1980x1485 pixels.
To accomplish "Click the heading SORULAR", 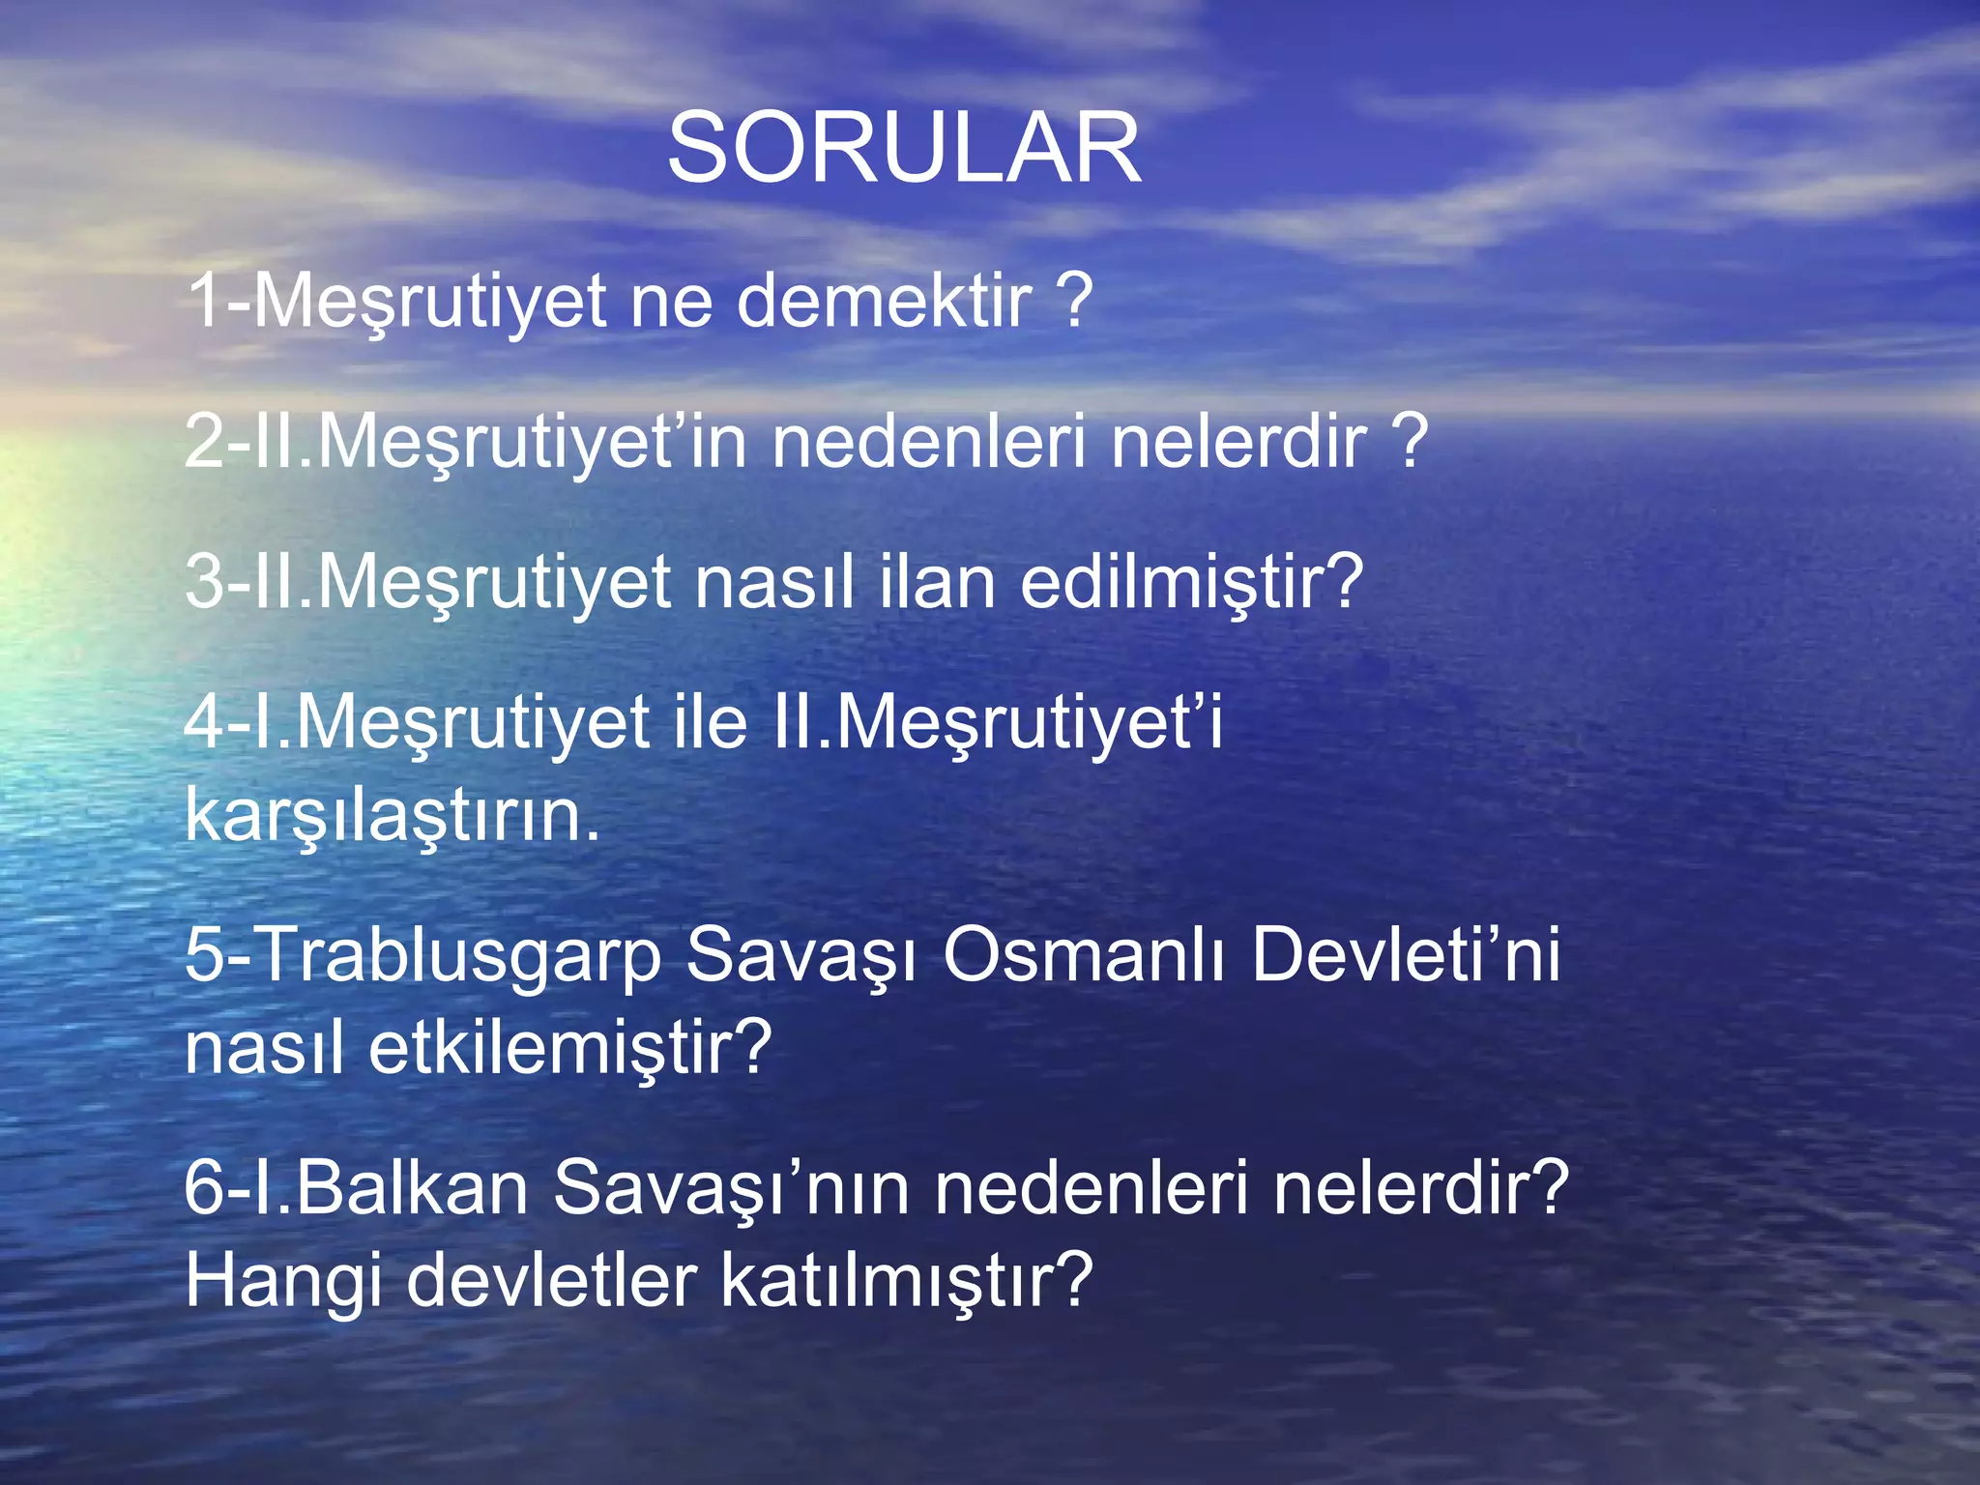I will point(904,148).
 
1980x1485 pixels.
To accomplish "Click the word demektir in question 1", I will point(884,301).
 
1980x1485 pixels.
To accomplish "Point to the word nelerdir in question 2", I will point(1238,442).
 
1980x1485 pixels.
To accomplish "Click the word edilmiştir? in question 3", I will point(1191,582).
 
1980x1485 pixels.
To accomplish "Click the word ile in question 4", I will point(704,722).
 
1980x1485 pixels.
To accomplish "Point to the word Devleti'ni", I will point(1405,955).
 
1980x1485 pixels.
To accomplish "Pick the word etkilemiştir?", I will point(570,1048).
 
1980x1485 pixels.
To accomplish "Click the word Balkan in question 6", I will point(412,1188).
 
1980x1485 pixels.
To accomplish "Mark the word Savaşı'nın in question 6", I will point(731,1188).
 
